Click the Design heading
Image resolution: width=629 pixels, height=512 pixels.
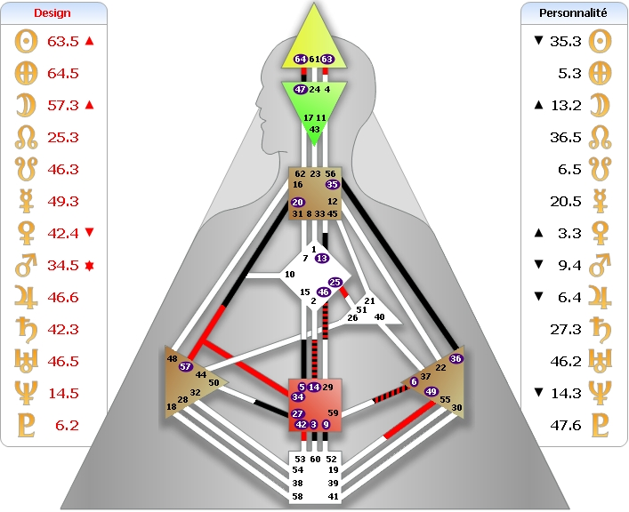pyautogui.click(x=52, y=13)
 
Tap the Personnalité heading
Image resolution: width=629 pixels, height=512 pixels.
pyautogui.click(x=573, y=13)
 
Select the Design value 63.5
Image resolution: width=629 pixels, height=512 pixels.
pyautogui.click(x=63, y=41)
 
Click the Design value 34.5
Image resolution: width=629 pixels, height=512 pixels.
pyautogui.click(x=63, y=265)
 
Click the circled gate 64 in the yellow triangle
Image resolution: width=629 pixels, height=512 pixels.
pyautogui.click(x=300, y=60)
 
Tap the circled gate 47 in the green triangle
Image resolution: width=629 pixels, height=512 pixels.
pyautogui.click(x=300, y=90)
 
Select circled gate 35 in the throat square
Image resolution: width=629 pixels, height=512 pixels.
pyautogui.click(x=333, y=185)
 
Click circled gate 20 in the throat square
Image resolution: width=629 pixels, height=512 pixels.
pyautogui.click(x=297, y=203)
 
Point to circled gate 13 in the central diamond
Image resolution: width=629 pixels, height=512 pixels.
pyautogui.click(x=322, y=258)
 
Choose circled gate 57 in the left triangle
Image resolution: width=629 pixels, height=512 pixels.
pyautogui.click(x=186, y=366)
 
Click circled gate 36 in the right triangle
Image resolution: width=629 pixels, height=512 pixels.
pyautogui.click(x=456, y=358)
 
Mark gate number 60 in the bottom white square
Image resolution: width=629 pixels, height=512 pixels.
pyautogui.click(x=314, y=460)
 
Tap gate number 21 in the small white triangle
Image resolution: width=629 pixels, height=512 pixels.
pyautogui.click(x=370, y=301)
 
